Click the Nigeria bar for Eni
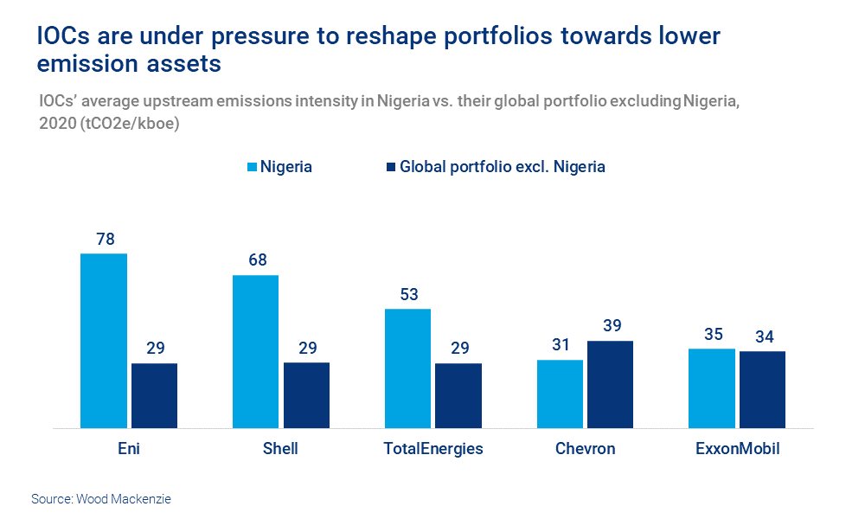tap(104, 341)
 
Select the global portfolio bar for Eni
tap(154, 395)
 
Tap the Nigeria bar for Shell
tap(256, 351)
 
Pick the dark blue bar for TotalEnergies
tap(458, 395)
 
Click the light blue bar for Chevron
tap(560, 394)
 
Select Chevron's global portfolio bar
tap(611, 384)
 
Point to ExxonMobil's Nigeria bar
tap(712, 388)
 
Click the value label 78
tap(105, 239)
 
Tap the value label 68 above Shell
tap(256, 260)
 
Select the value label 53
tap(408, 294)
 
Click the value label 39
tap(611, 325)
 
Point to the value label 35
tap(712, 334)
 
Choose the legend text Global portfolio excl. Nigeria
tap(502, 167)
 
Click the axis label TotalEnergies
tap(433, 449)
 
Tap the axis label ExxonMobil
tap(737, 449)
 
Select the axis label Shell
tap(280, 449)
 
